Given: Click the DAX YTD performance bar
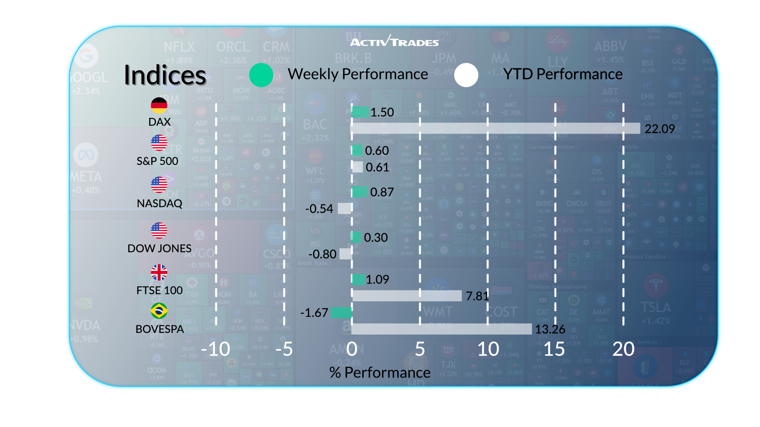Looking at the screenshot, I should [495, 128].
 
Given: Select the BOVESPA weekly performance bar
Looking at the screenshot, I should [341, 313].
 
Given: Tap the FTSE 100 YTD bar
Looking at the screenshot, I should [407, 296].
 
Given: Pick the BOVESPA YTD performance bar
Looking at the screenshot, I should [441, 329].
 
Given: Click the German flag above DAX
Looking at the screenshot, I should [159, 105].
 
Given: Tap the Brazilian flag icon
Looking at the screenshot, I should [159, 311].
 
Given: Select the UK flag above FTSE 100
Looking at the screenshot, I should [159, 272].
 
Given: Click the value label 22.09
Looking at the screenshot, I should [659, 129].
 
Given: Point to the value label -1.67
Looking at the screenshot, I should [314, 313].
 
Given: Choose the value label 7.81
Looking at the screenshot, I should [477, 296].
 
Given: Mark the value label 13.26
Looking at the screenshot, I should [550, 329].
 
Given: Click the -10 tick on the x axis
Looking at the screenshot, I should [215, 349].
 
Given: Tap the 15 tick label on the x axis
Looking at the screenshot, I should [554, 349].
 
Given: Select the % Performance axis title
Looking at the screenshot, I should [380, 372].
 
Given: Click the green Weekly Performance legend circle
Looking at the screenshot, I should [261, 75].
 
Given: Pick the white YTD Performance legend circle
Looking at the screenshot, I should [466, 75].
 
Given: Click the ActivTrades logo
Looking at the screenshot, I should [394, 41].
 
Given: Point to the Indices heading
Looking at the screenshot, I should [165, 75].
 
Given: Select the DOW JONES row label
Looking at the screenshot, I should [160, 248].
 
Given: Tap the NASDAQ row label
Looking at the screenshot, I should [160, 203].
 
